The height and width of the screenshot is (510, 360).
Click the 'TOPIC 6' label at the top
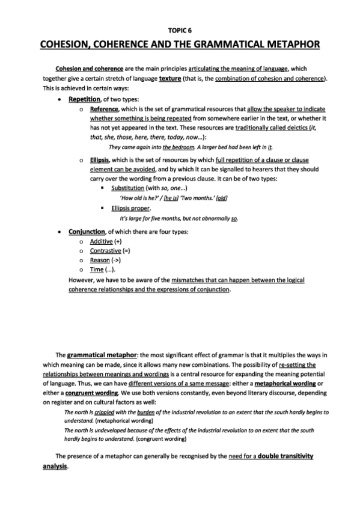[x=180, y=29]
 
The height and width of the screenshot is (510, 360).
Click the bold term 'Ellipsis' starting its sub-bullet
[x=102, y=161]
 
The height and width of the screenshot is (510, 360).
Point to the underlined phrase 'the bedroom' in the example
[x=178, y=147]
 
